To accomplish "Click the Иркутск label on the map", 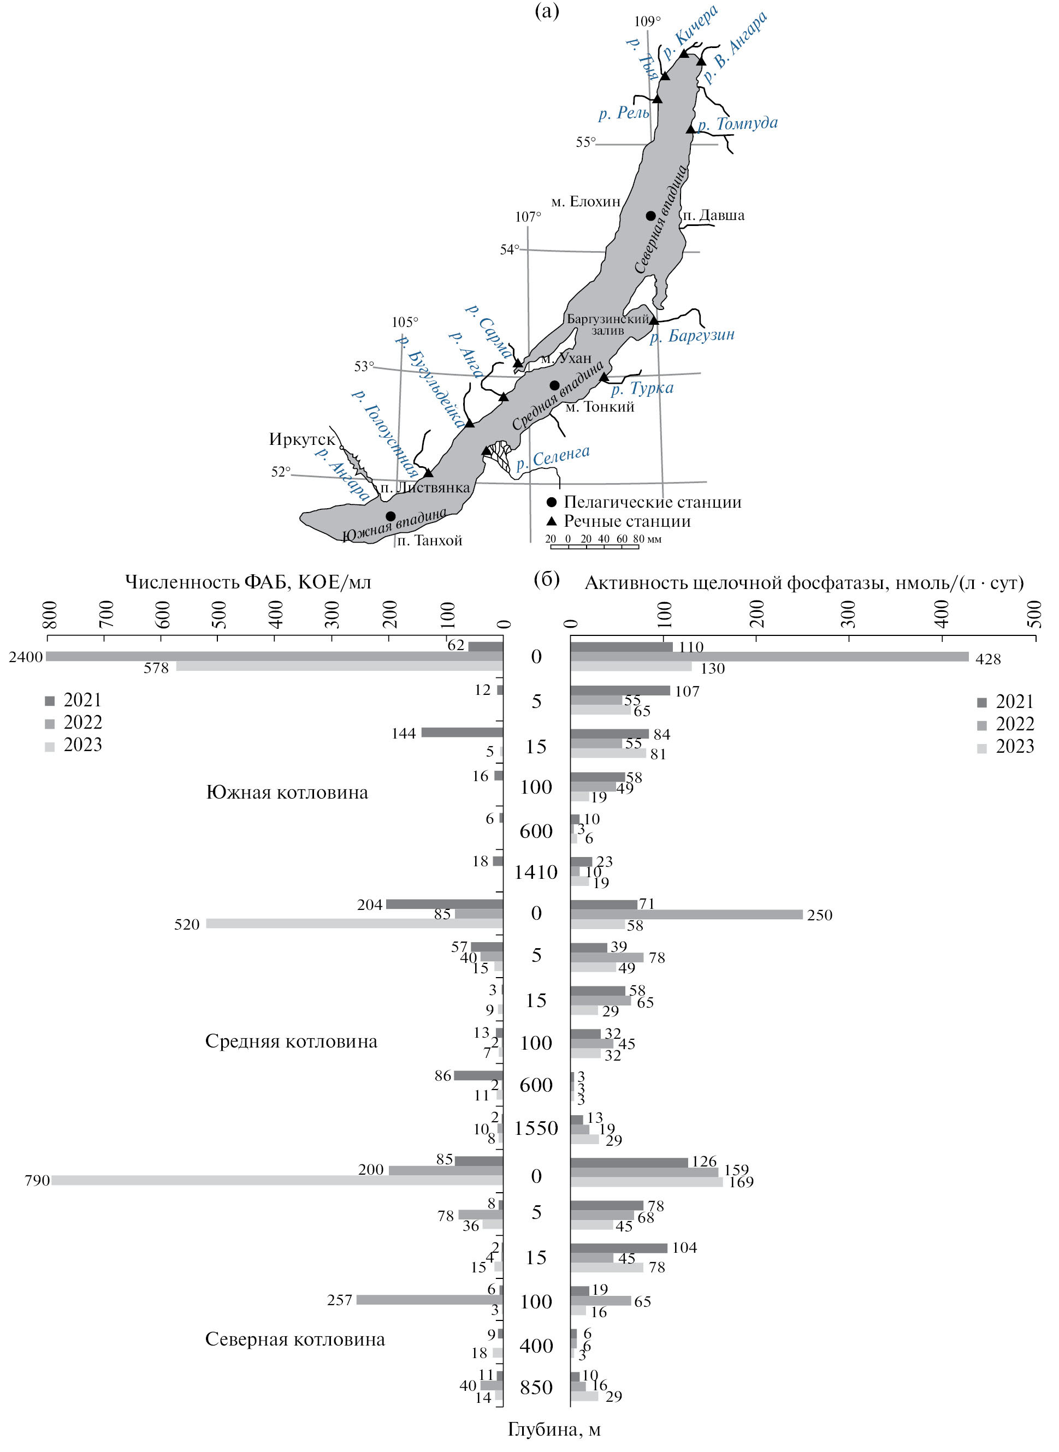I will pyautogui.click(x=301, y=439).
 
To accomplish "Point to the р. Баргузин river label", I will pyautogui.click(x=693, y=336).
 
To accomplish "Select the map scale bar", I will pyautogui.click(x=594, y=545).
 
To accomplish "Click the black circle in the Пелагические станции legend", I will pyautogui.click(x=551, y=502).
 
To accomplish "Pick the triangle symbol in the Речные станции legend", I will pyautogui.click(x=551, y=521).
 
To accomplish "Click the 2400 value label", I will pyautogui.click(x=26, y=657).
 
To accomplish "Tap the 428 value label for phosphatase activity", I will pyautogui.click(x=988, y=659).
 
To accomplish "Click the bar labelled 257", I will pyautogui.click(x=429, y=1300).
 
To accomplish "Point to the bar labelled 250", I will pyautogui.click(x=686, y=914).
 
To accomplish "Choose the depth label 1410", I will pyautogui.click(x=536, y=872).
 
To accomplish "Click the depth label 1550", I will pyautogui.click(x=536, y=1128).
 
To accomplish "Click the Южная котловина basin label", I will pyautogui.click(x=287, y=793).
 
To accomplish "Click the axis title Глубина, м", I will pyautogui.click(x=554, y=1429).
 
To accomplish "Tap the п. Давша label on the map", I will pyautogui.click(x=713, y=215).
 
